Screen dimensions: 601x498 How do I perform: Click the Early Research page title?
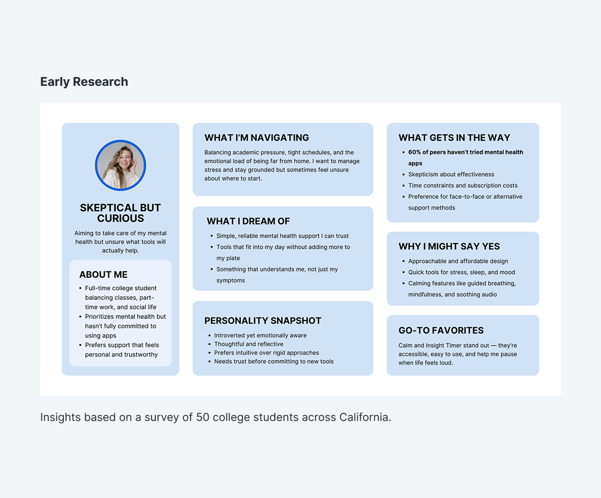tap(84, 82)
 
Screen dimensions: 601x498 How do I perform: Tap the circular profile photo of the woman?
tap(120, 165)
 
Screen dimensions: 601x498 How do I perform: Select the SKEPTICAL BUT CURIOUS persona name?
tap(120, 213)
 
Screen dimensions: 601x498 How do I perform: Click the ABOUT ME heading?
tap(103, 275)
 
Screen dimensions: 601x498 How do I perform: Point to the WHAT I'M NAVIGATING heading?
tap(257, 138)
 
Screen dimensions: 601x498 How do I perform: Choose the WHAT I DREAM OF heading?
tap(248, 221)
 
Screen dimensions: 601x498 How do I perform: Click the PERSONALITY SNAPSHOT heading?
tap(263, 321)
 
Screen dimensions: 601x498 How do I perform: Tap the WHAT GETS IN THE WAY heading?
tap(454, 138)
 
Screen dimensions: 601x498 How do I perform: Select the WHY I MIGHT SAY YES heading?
tap(450, 247)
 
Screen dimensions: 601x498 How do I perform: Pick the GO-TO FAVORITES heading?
tap(441, 330)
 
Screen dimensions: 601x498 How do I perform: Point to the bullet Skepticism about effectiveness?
tap(451, 174)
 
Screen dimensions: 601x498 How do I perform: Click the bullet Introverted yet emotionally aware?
tap(261, 335)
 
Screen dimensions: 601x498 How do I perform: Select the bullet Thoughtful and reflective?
tap(248, 344)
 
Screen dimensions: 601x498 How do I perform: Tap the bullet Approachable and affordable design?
tap(458, 261)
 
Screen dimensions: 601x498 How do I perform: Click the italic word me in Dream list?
tap(300, 270)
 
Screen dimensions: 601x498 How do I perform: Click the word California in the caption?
tap(365, 417)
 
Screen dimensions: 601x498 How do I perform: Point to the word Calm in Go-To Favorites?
tap(405, 346)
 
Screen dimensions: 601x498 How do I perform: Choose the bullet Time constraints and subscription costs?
tap(463, 185)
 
